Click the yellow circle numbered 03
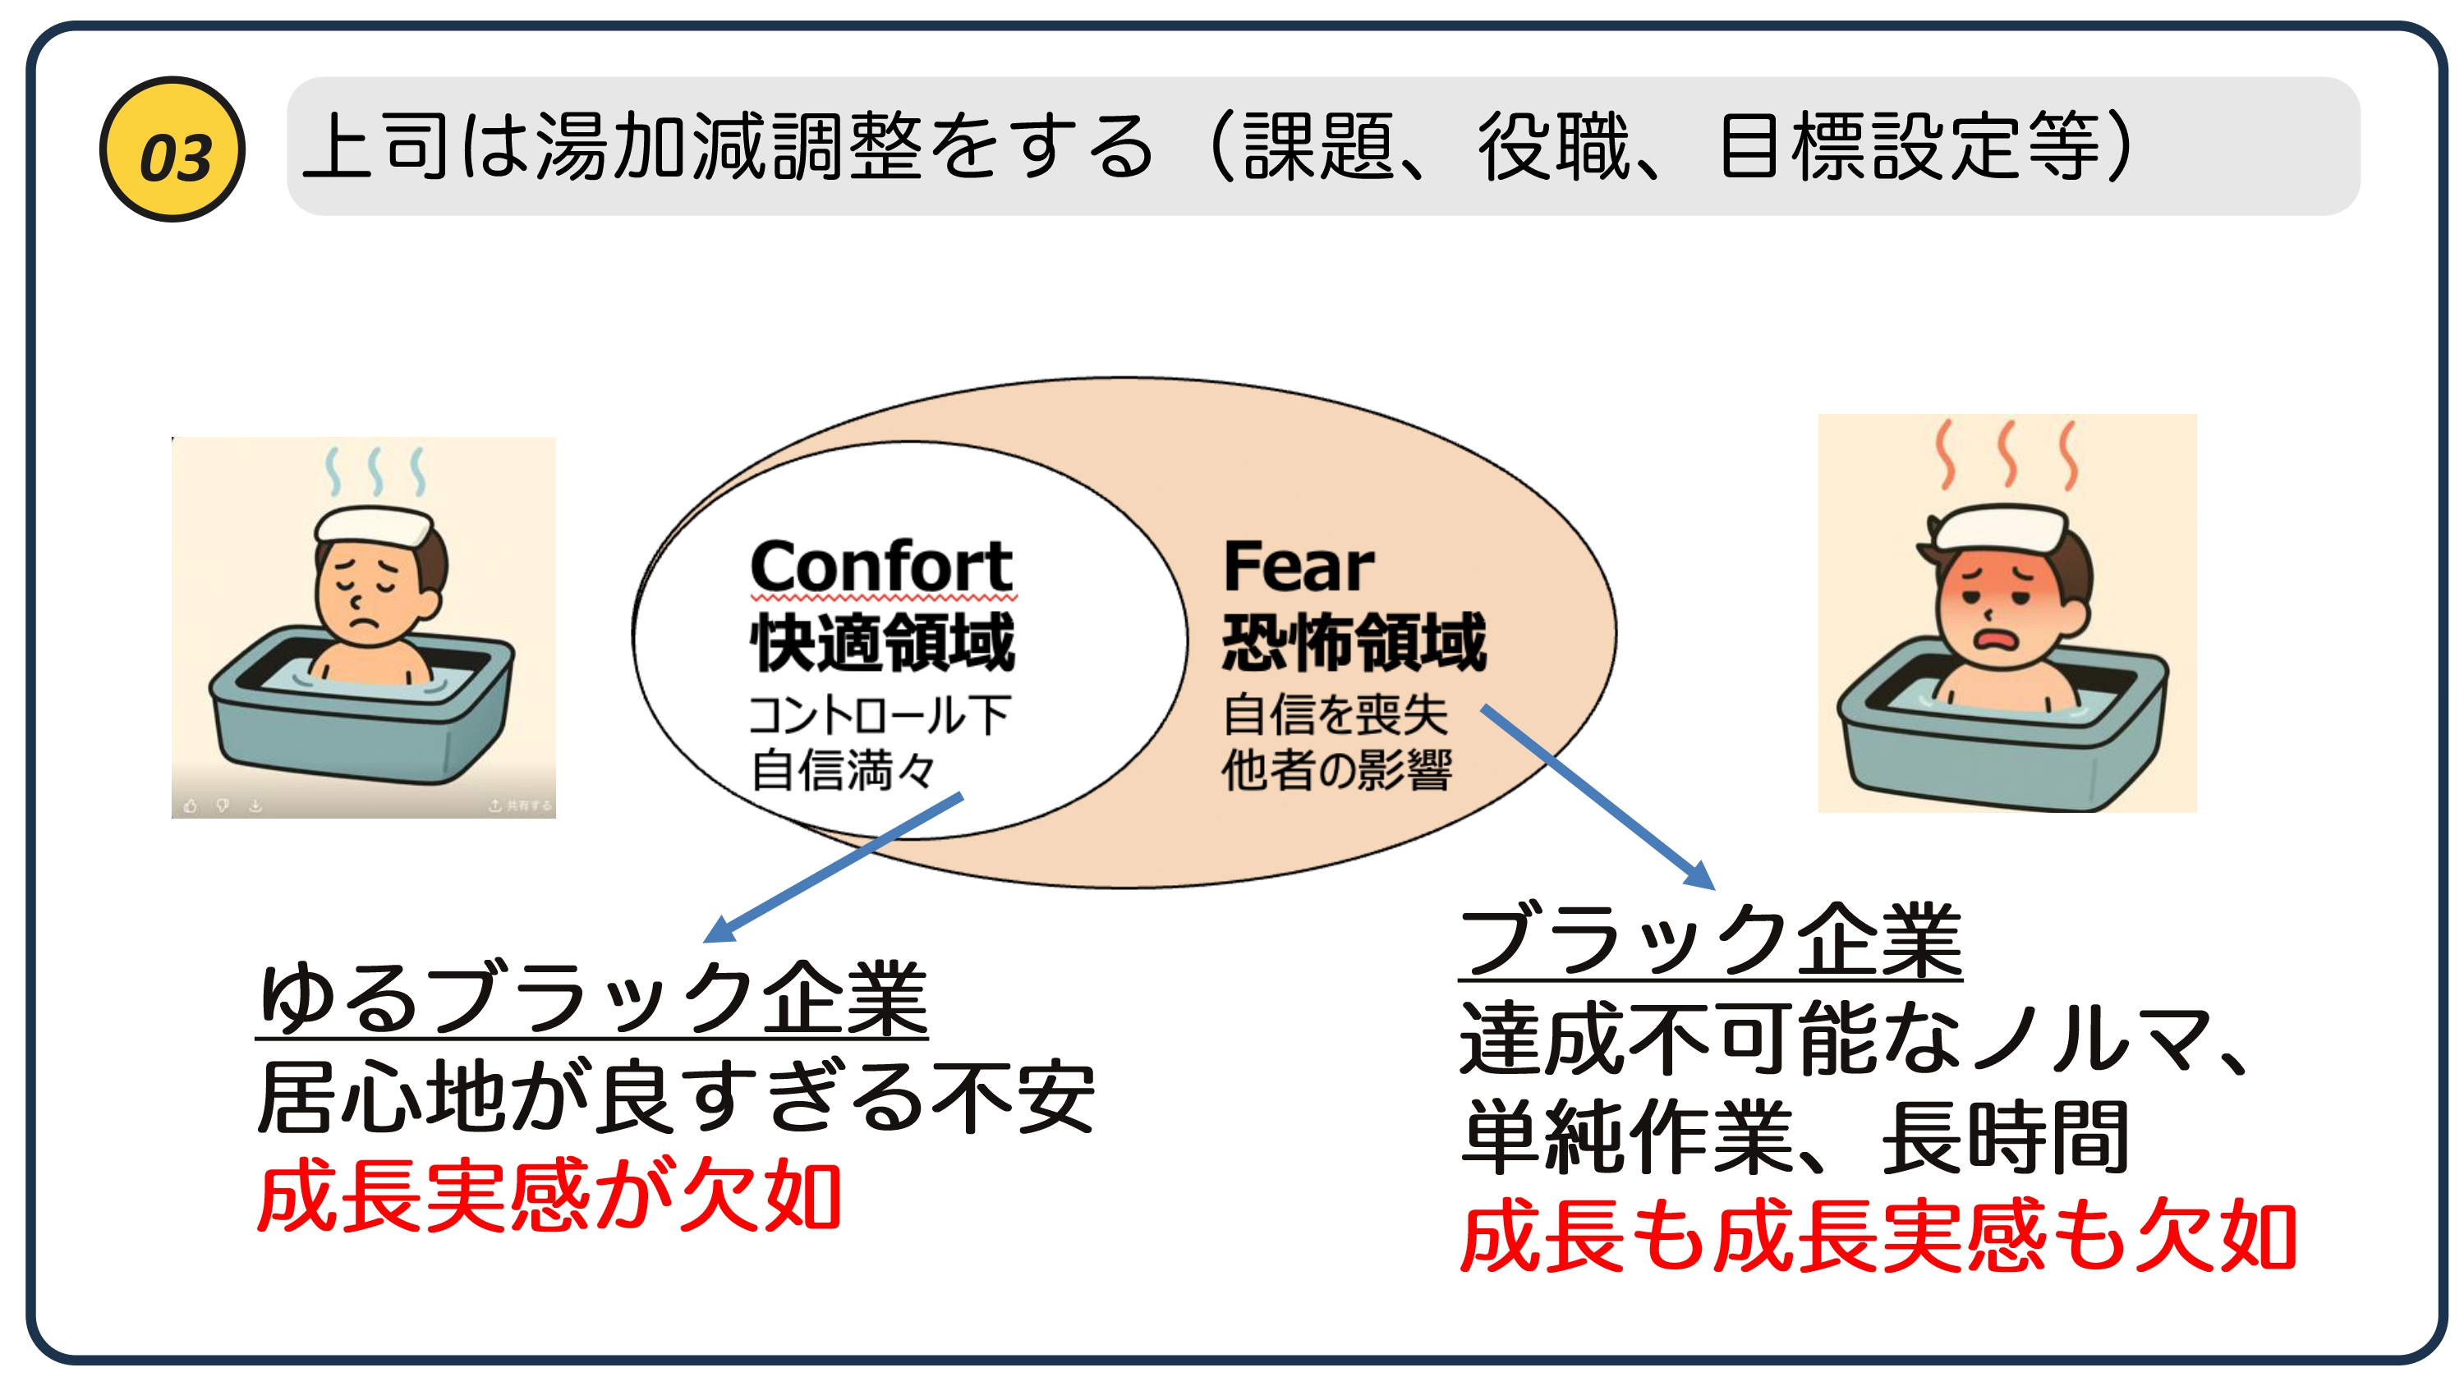click(172, 149)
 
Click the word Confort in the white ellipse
click(881, 567)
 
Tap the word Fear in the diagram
click(1299, 567)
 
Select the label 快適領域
click(881, 642)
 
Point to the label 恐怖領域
click(1354, 642)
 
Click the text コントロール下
click(879, 714)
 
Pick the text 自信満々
click(843, 770)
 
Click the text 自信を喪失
click(1335, 714)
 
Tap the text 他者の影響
click(1337, 770)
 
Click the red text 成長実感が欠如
click(549, 1195)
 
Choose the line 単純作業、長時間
click(1795, 1137)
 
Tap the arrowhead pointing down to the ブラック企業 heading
click(1699, 874)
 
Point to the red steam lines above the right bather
click(2007, 454)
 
